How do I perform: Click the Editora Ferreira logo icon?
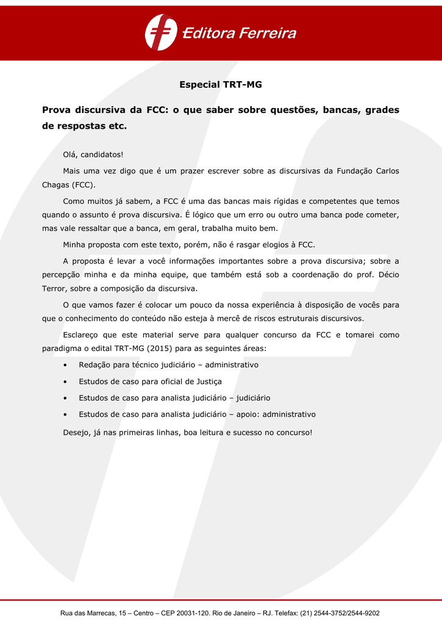tap(161, 32)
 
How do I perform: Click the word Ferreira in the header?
tap(268, 34)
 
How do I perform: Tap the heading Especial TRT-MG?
tap(220, 85)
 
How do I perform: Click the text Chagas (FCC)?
tap(68, 184)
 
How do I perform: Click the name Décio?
tap(388, 275)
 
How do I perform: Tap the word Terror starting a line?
tap(54, 288)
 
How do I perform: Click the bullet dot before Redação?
tap(65, 365)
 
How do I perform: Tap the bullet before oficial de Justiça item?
tap(65, 381)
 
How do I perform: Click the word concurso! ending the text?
tap(290, 433)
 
